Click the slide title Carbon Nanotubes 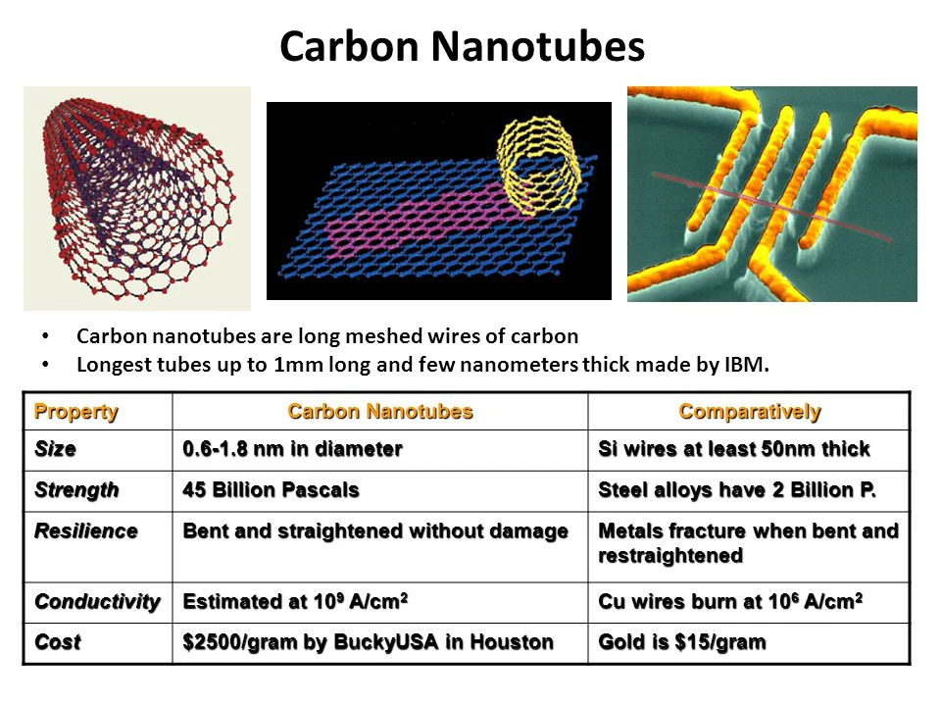[x=462, y=47]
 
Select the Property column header [x=76, y=412]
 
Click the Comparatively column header [x=750, y=412]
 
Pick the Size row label [x=56, y=449]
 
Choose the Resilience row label [x=86, y=530]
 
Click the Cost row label [x=58, y=642]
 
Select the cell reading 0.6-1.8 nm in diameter [x=292, y=449]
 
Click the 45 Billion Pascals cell [x=272, y=488]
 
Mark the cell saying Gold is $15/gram [x=682, y=642]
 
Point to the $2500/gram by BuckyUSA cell [x=368, y=642]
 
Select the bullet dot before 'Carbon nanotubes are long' [x=46, y=336]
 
